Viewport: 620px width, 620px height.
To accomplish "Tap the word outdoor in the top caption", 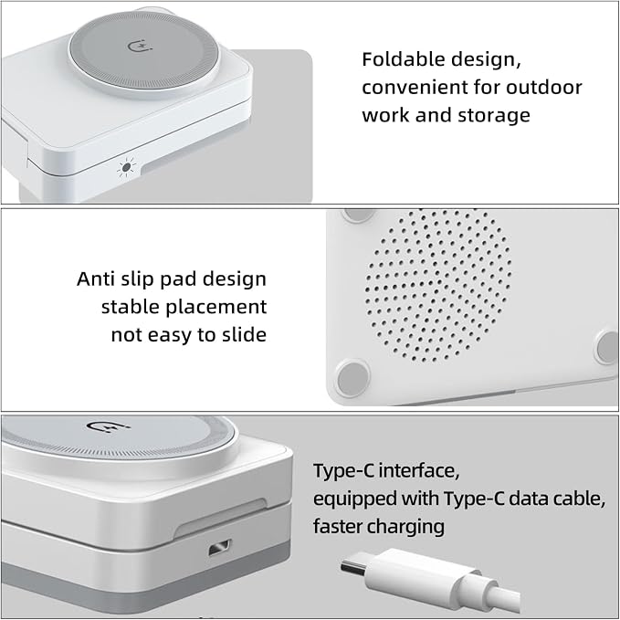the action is (x=544, y=87).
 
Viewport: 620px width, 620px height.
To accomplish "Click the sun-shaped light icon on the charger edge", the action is (x=126, y=167).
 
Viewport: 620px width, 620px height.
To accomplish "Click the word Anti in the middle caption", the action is (x=94, y=278).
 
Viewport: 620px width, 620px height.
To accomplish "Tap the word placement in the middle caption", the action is (x=216, y=308).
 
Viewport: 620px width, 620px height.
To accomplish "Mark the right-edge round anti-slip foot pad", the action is (x=607, y=347).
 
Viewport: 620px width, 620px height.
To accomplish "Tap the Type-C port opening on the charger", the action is (x=220, y=548).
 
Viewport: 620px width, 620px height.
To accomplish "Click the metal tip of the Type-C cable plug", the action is (x=354, y=568).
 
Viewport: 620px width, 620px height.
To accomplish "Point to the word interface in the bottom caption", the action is (x=419, y=470).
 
